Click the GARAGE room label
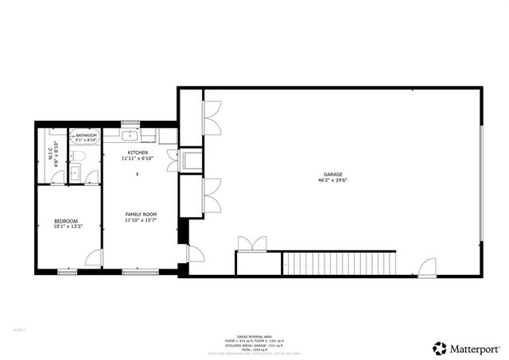coord(332,174)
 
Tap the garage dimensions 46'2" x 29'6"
coord(332,180)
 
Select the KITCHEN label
coord(137,152)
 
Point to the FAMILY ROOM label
coord(141,214)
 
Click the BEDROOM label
coord(65,220)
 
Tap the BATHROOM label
coord(87,136)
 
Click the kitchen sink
coord(132,136)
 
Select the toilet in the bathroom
coord(76,157)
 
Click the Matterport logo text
coord(477,348)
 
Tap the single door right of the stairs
coord(427,267)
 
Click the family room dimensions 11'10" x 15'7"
coord(141,220)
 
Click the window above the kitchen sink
coord(130,123)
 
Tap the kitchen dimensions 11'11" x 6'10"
coord(137,158)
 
